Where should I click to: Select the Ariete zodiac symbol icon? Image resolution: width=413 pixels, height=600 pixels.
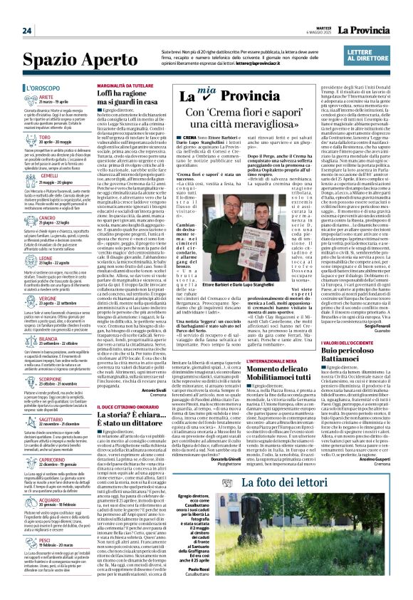click(x=15, y=100)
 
